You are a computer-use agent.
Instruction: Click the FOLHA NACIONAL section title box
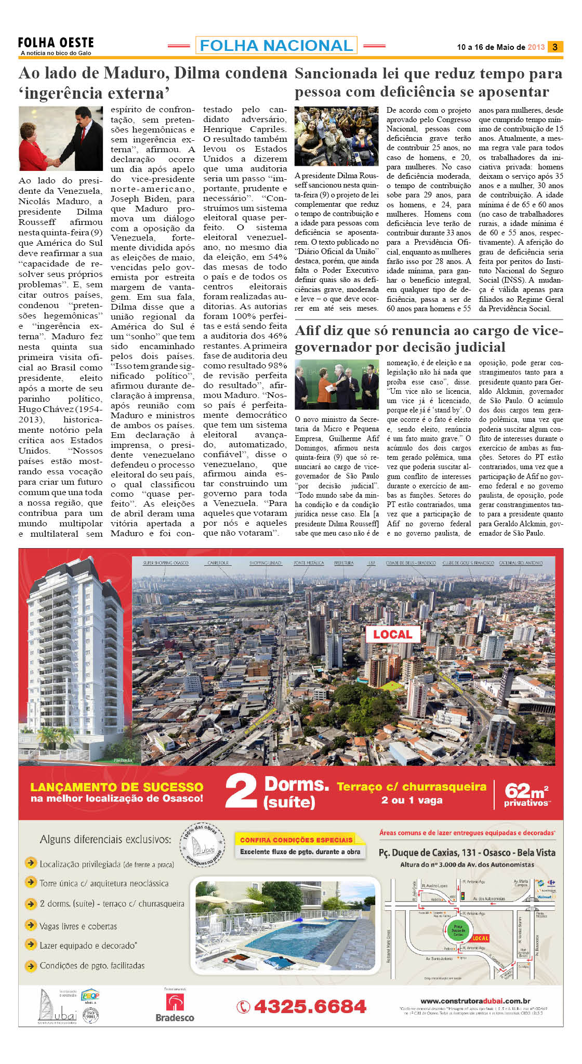[x=276, y=46]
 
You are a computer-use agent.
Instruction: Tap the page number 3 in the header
[x=555, y=47]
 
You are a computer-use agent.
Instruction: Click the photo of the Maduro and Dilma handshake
[x=61, y=138]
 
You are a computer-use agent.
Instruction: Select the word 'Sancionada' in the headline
[x=336, y=74]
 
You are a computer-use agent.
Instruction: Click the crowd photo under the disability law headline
[x=336, y=136]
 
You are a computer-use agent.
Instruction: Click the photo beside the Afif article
[x=336, y=385]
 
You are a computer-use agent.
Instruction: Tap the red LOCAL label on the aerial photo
[x=392, y=634]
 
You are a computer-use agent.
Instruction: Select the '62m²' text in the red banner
[x=525, y=790]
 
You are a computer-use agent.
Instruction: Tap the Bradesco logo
[x=175, y=1007]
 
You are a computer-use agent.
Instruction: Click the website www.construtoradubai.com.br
[x=475, y=1001]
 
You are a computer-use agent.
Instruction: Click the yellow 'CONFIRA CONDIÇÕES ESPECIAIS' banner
[x=296, y=840]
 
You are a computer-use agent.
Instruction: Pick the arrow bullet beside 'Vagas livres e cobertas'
[x=31, y=925]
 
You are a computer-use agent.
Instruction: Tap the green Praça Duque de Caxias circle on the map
[x=457, y=930]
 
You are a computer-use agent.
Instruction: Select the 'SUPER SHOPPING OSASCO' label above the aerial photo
[x=166, y=563]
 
